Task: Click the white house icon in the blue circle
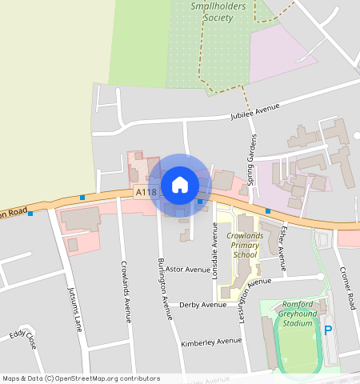click(180, 185)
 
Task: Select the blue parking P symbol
click(327, 330)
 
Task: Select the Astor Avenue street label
click(186, 270)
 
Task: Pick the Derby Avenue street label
click(203, 305)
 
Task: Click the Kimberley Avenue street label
click(211, 341)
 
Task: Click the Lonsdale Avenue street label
click(215, 250)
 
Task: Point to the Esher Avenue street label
click(282, 242)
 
